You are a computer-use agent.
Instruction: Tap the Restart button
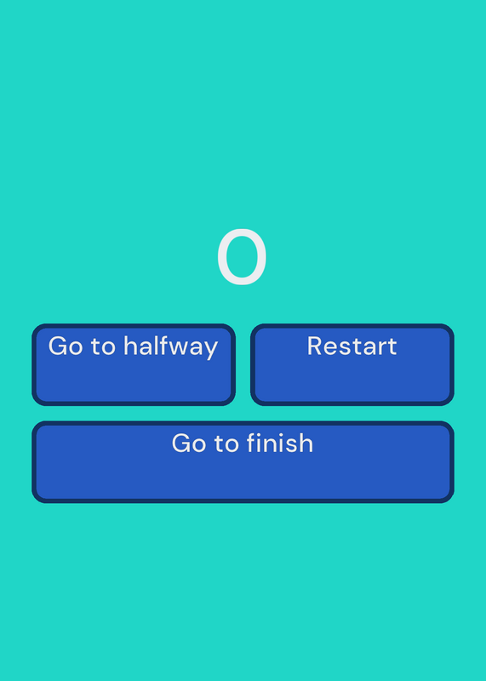352,364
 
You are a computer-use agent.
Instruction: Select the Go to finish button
243,461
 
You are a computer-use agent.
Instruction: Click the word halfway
170,347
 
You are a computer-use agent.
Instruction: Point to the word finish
280,443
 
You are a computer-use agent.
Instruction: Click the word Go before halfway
66,346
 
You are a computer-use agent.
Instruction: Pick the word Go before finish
189,444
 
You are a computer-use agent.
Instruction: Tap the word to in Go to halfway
103,346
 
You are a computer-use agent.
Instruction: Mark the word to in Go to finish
226,444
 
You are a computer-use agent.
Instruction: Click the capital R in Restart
315,346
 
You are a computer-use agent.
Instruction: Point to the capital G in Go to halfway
58,346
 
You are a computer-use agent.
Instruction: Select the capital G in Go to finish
181,444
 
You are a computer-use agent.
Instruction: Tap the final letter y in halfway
211,350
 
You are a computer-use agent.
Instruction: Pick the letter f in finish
252,443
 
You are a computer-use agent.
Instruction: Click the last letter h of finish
306,443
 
